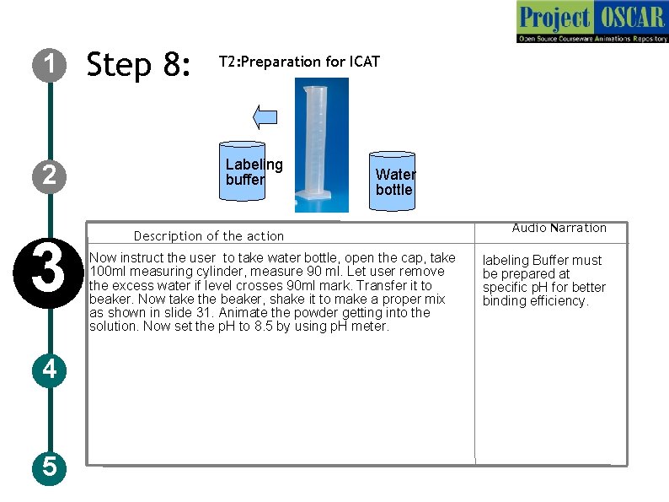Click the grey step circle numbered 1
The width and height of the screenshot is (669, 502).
(x=50, y=64)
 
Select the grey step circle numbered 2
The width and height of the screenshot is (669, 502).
(x=50, y=175)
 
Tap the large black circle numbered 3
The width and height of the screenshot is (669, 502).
(x=48, y=273)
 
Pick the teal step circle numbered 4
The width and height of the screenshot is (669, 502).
(x=50, y=370)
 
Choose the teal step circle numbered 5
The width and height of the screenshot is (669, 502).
(x=50, y=467)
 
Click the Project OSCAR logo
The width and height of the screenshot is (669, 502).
(x=592, y=22)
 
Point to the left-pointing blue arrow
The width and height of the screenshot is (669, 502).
(x=265, y=117)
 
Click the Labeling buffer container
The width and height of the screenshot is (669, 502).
(x=243, y=171)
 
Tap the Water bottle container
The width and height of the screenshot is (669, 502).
(x=392, y=181)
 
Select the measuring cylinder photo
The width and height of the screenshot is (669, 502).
(x=322, y=145)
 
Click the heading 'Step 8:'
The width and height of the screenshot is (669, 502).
(x=138, y=64)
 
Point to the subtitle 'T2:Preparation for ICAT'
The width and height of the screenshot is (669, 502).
(x=299, y=62)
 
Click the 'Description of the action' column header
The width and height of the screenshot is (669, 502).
(x=209, y=236)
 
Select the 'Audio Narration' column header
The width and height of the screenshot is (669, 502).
(x=559, y=228)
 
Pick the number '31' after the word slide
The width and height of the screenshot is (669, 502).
(x=204, y=313)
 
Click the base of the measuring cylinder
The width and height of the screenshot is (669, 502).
(x=313, y=195)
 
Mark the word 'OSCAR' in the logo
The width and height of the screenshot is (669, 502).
(x=632, y=18)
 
